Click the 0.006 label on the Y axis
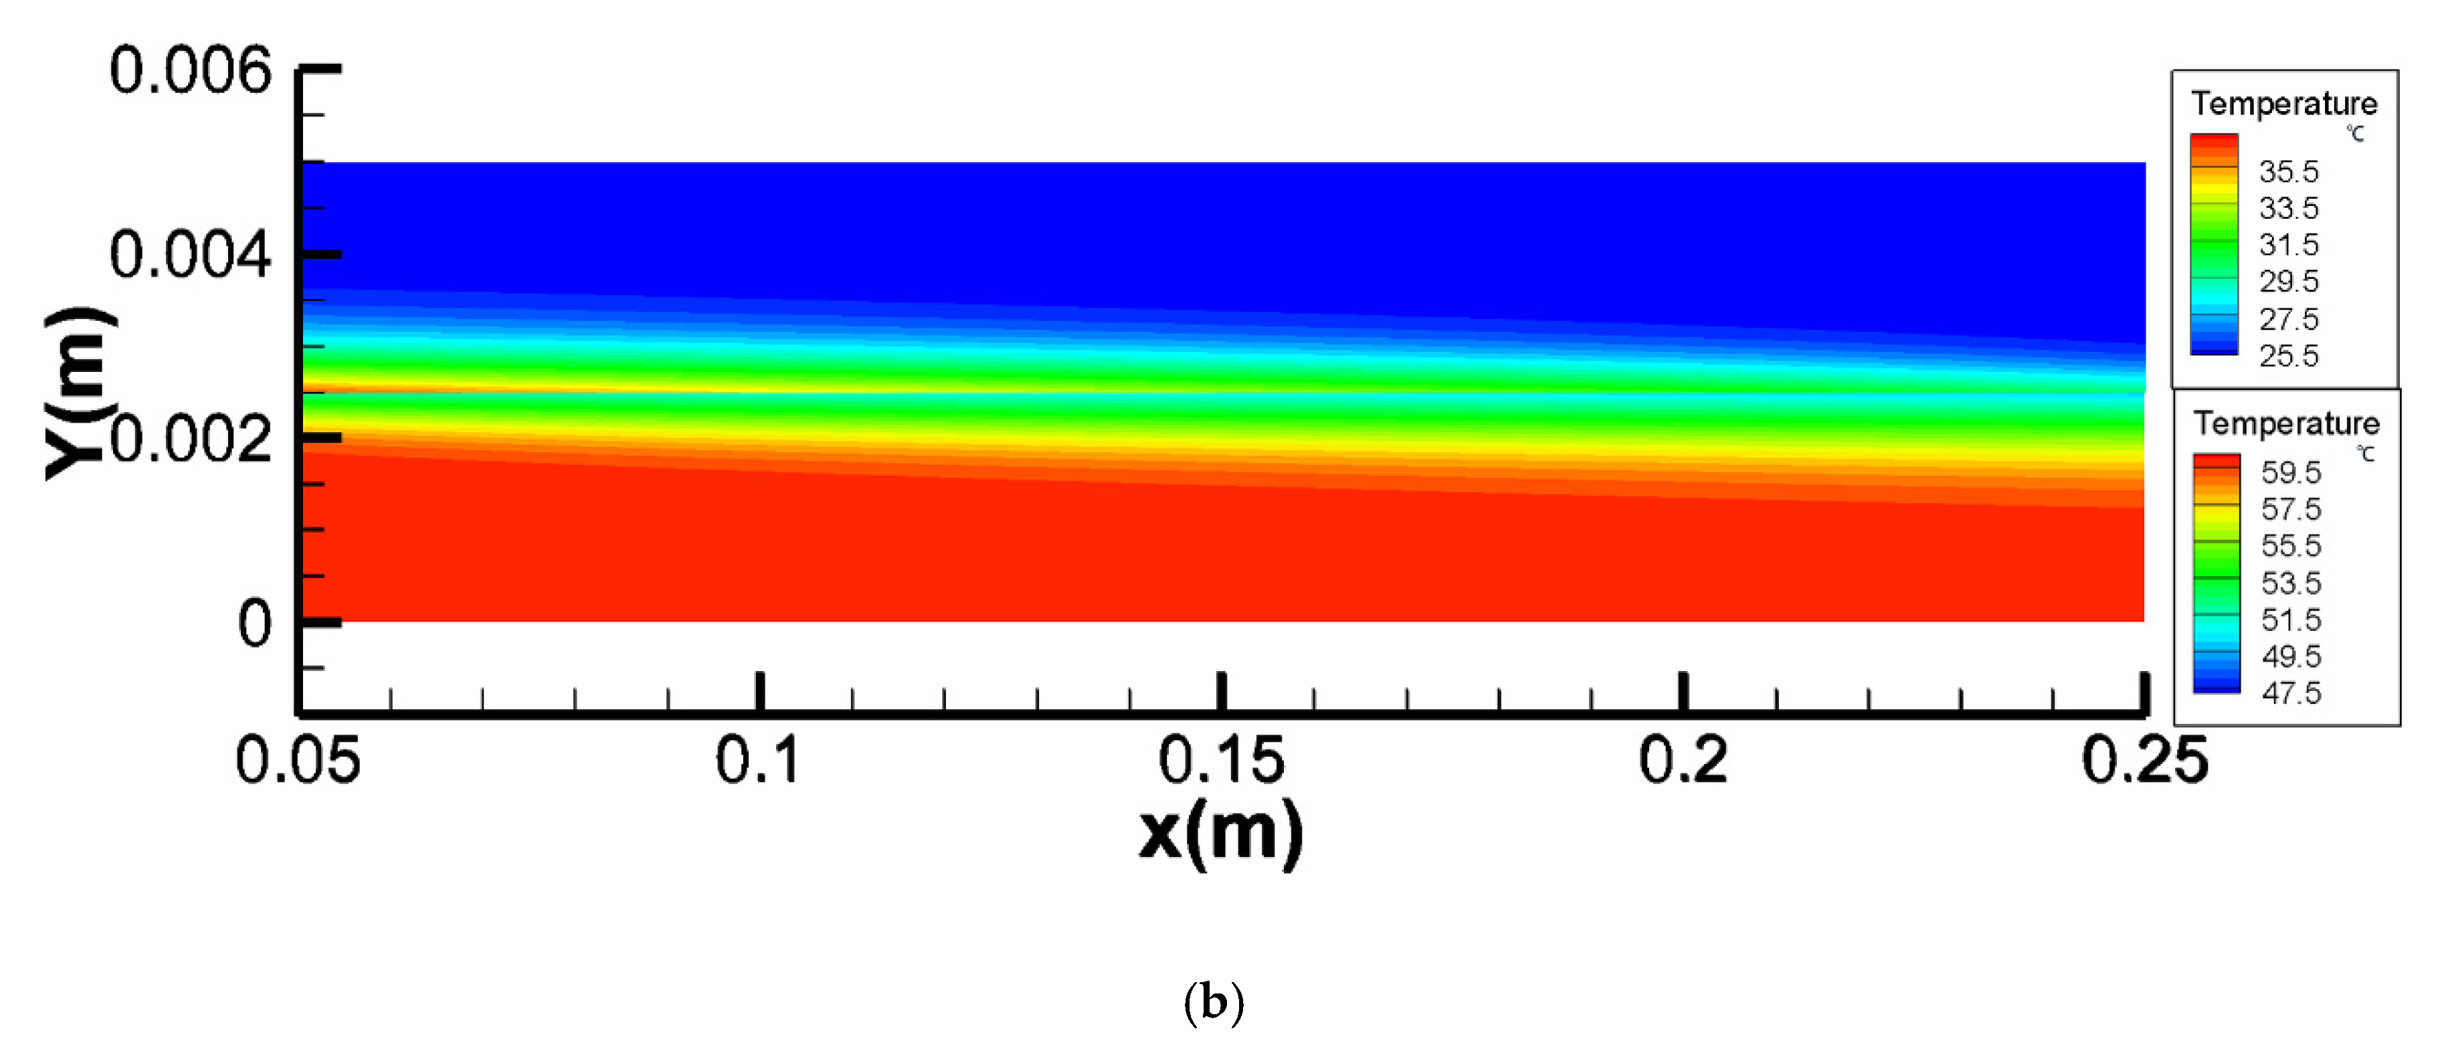190,71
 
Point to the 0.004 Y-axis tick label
190,256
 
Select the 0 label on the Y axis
254,624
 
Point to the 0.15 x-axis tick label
1221,759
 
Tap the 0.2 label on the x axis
1683,759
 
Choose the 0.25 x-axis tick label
2144,759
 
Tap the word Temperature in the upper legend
2283,103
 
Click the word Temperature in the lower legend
2287,423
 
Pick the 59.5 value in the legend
2291,472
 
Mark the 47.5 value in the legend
2291,693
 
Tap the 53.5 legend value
2291,583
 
